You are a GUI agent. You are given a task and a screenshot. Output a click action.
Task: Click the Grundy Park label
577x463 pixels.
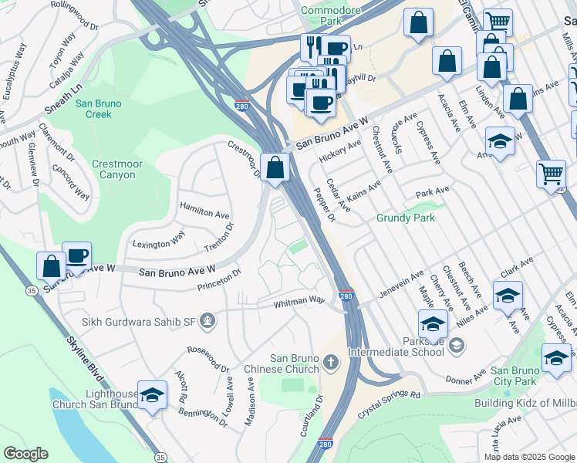(x=406, y=218)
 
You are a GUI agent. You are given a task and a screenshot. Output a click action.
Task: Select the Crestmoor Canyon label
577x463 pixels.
(x=113, y=169)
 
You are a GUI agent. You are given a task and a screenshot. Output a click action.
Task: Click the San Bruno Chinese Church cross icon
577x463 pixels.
(x=330, y=361)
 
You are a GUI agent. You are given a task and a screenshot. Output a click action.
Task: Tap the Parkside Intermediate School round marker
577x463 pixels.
(x=457, y=344)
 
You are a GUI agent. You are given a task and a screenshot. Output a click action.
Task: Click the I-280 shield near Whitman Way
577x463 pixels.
(x=346, y=296)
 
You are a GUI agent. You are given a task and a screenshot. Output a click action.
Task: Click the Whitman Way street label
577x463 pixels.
(x=300, y=303)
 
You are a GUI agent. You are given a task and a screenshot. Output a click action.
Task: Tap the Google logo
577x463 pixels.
(x=25, y=454)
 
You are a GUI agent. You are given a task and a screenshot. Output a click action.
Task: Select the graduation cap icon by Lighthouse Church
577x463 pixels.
(x=152, y=395)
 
